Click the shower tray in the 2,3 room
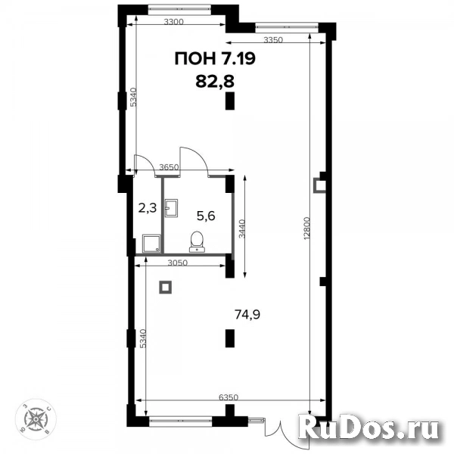(151, 242)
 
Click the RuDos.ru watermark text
(370, 429)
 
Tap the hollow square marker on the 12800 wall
(320, 184)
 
